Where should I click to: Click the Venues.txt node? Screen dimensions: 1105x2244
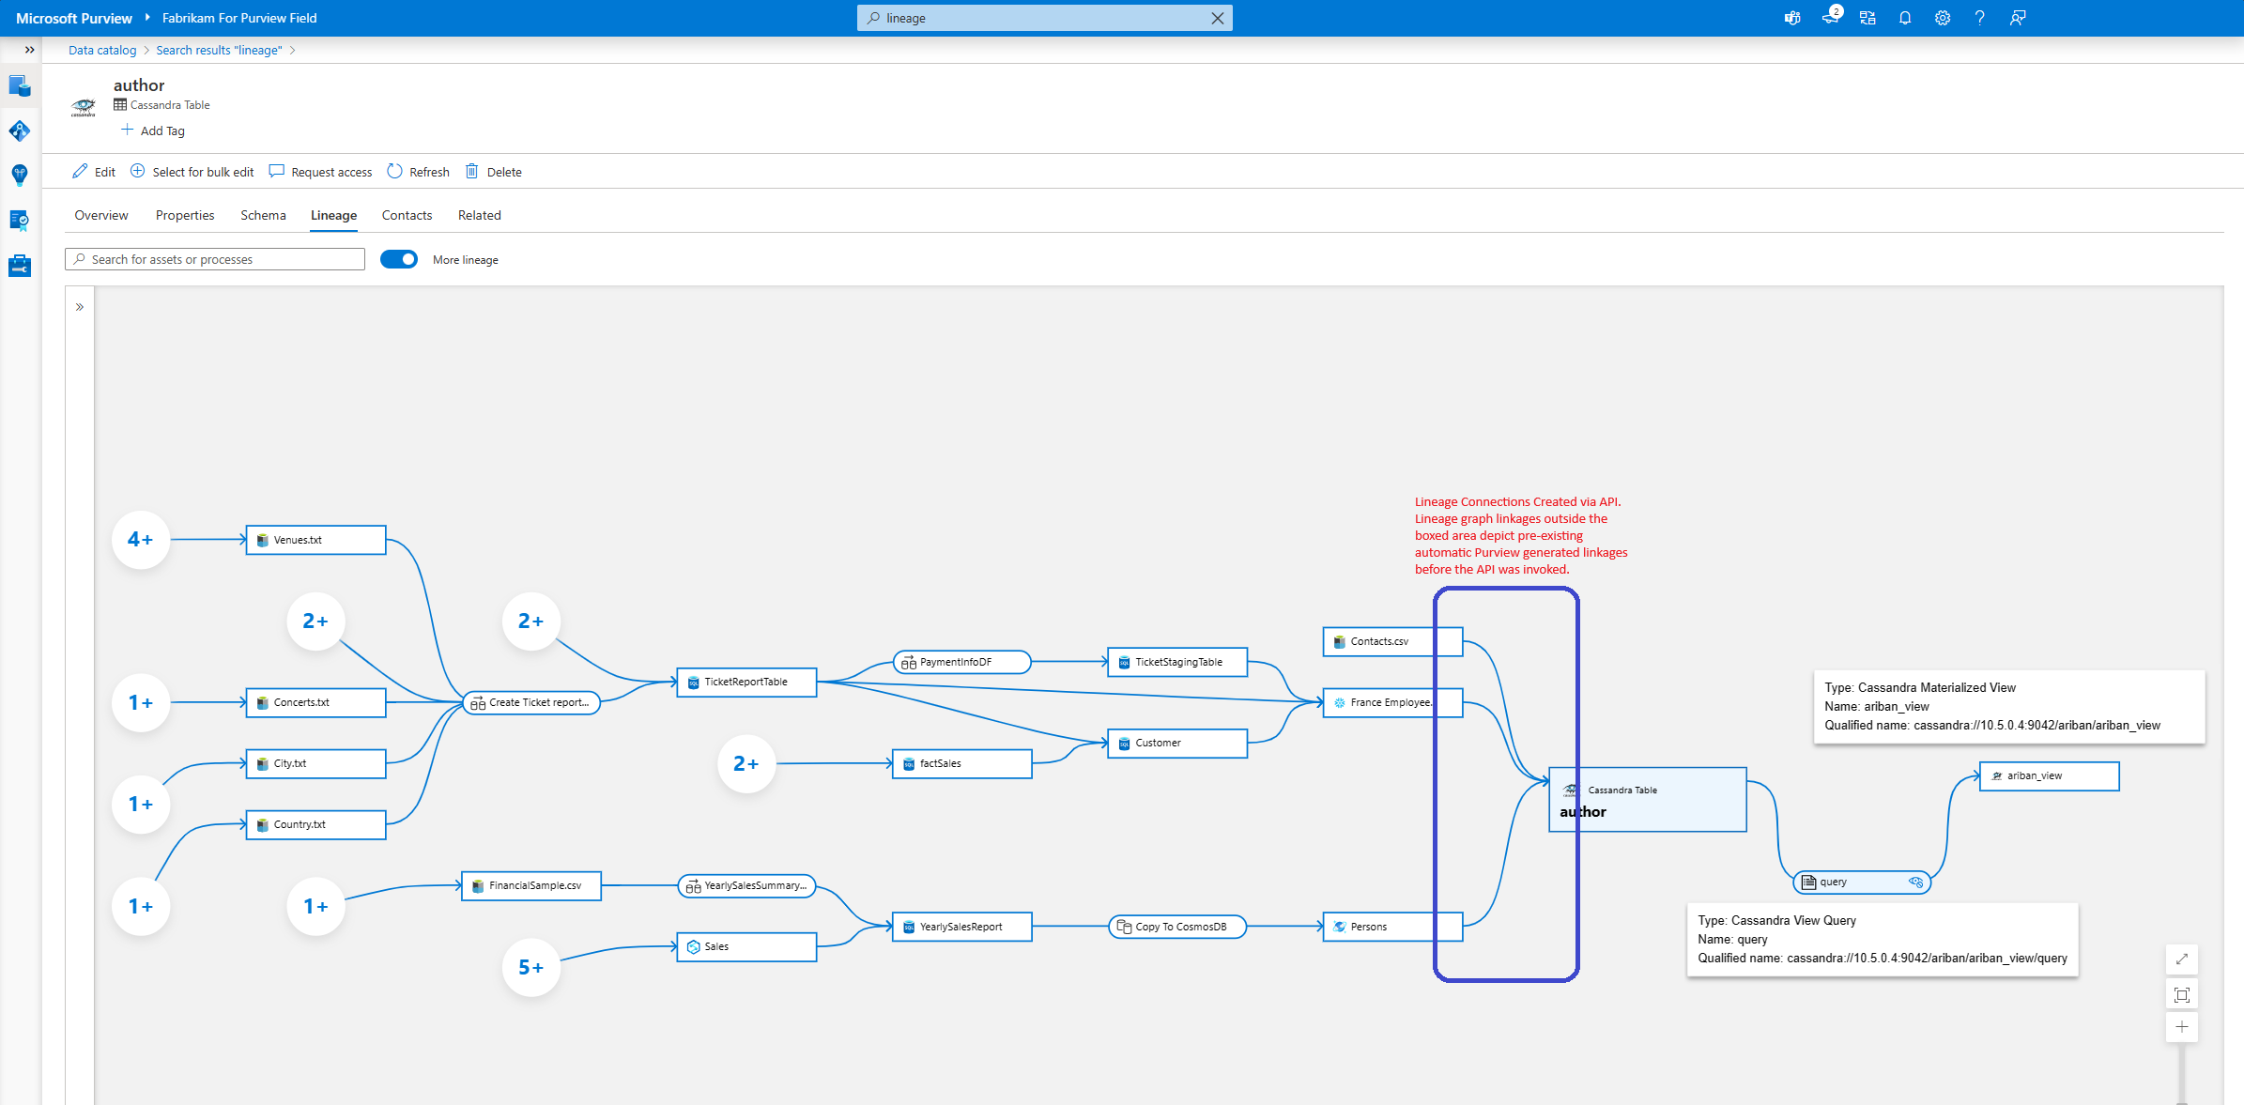(315, 540)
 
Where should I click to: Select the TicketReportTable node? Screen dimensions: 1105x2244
(746, 683)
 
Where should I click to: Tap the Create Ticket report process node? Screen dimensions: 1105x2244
(531, 702)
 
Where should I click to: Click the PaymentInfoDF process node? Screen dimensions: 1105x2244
(961, 663)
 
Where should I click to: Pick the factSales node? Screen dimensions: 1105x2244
(961, 764)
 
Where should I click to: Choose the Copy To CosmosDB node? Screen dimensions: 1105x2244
(1177, 927)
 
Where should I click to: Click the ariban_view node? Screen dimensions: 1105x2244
(2049, 776)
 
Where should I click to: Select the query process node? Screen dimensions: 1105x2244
(1861, 882)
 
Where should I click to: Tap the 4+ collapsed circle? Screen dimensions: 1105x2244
(141, 540)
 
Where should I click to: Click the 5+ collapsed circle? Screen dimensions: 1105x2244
(531, 968)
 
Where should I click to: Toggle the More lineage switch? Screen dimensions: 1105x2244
(399, 260)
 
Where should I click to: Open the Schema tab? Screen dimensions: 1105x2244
(263, 216)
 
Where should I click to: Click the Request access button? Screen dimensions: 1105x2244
(320, 172)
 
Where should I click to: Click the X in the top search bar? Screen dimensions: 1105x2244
(1218, 18)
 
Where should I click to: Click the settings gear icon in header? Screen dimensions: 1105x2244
(1943, 18)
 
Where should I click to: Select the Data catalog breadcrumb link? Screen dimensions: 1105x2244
(102, 51)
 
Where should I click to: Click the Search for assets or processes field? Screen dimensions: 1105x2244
(215, 260)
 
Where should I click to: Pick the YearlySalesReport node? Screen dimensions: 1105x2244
(961, 927)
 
